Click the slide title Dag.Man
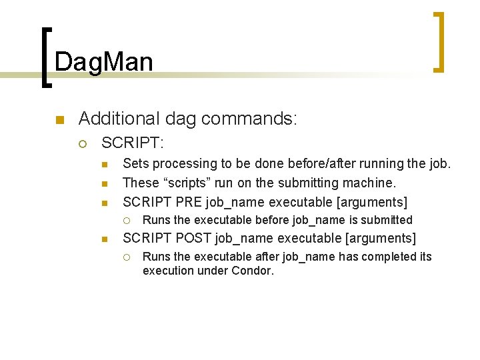click(x=104, y=62)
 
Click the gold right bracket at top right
click(x=438, y=41)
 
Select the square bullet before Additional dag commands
click(x=59, y=121)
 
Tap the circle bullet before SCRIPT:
click(x=83, y=143)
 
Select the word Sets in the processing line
click(x=135, y=163)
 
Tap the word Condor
click(x=253, y=271)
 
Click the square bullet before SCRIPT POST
click(x=105, y=239)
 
